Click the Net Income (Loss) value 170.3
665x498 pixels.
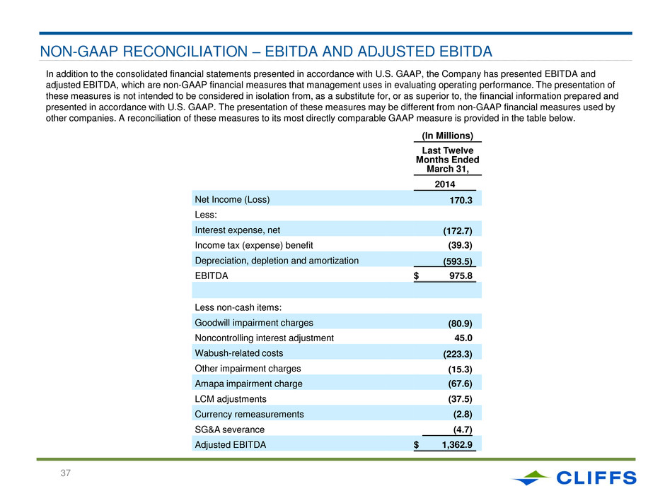click(x=461, y=200)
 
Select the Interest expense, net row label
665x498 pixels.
click(x=238, y=230)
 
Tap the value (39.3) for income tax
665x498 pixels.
click(x=460, y=245)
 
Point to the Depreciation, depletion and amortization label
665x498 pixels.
click(x=277, y=261)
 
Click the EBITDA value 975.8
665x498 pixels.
click(x=461, y=275)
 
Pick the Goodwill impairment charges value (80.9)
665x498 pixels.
click(x=460, y=324)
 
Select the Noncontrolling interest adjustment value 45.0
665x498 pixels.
click(x=463, y=338)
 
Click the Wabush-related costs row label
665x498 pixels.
click(x=239, y=353)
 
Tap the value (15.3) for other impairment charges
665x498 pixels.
click(x=460, y=369)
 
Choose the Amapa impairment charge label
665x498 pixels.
click(x=248, y=384)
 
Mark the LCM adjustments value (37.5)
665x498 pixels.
click(x=460, y=399)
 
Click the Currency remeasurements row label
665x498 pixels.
click(x=249, y=414)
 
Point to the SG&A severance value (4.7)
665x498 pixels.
click(x=463, y=429)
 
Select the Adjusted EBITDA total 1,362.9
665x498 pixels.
click(x=457, y=444)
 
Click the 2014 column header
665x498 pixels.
click(x=445, y=184)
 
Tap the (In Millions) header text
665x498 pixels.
click(x=447, y=136)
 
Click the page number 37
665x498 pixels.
click(x=65, y=473)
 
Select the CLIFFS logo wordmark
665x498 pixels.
click(x=596, y=478)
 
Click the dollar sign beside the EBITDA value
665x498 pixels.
click(x=416, y=275)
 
